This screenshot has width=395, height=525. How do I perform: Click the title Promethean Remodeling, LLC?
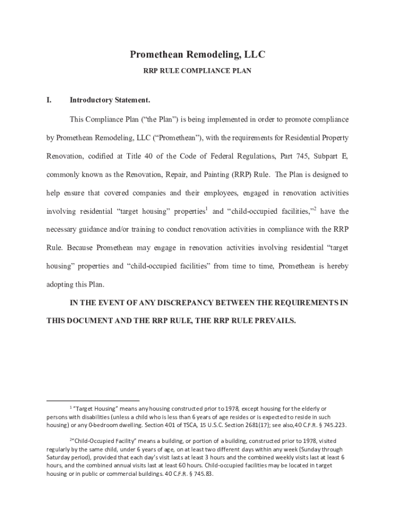click(x=197, y=55)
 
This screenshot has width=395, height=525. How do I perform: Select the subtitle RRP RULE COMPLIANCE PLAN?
click(x=197, y=71)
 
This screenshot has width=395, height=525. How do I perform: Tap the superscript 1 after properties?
click(x=206, y=209)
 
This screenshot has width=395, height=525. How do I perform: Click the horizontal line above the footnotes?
click(x=93, y=400)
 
